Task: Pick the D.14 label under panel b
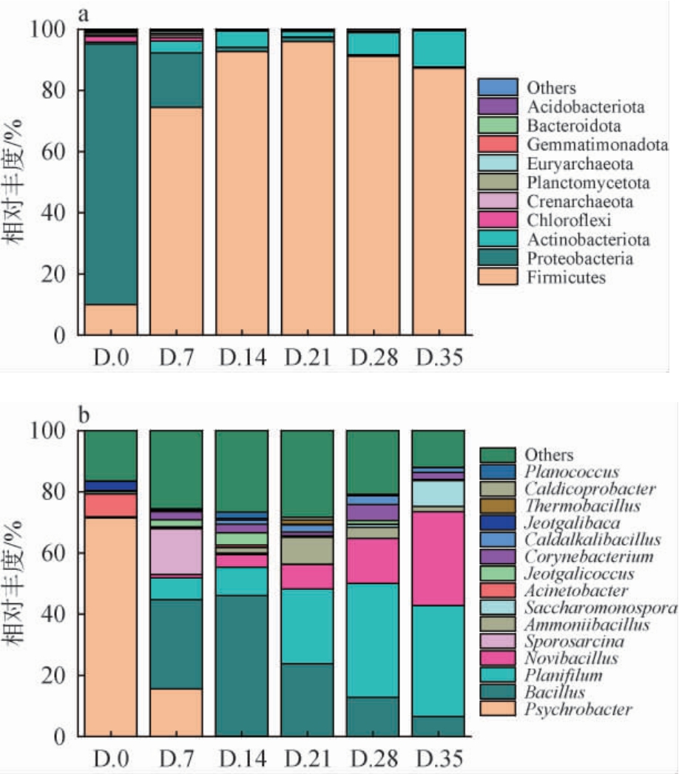tap(241, 759)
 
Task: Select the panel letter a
tap(87, 14)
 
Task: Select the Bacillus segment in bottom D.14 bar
tap(241, 665)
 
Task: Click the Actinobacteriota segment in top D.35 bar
tap(438, 48)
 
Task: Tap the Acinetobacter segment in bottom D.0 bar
tap(110, 506)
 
